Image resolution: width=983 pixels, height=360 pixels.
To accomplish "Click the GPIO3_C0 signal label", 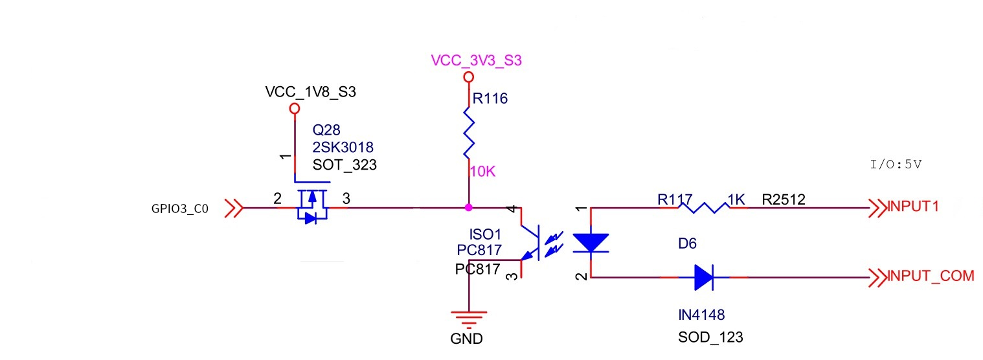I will click(x=177, y=209).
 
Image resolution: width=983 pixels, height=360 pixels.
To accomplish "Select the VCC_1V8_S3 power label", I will click(x=311, y=92).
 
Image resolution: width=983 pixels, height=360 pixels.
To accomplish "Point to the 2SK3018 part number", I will click(x=343, y=148).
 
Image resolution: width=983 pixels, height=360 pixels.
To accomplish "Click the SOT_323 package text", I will click(x=345, y=165).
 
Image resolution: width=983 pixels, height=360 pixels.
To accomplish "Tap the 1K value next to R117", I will click(x=738, y=200).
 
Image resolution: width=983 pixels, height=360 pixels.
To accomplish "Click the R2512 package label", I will click(x=784, y=200).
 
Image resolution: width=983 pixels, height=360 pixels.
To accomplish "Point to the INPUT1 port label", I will click(x=912, y=208).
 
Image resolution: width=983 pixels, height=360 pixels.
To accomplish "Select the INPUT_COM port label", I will click(x=931, y=276).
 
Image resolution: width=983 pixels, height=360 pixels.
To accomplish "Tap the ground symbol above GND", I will click(x=468, y=318).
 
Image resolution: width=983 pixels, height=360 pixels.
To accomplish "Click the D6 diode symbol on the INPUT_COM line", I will click(x=703, y=277).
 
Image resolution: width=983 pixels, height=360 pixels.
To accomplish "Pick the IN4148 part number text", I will click(x=701, y=315).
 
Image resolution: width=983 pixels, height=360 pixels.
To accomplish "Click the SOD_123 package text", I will click(x=711, y=337).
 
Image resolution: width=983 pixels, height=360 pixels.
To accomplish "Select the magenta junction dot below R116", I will click(x=468, y=208).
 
